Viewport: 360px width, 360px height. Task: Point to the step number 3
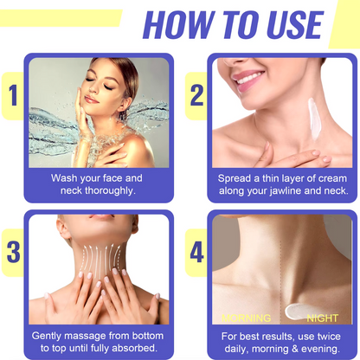[12, 252]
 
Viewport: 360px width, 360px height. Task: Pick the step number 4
[197, 253]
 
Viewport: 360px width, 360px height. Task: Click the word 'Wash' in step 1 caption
[64, 177]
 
